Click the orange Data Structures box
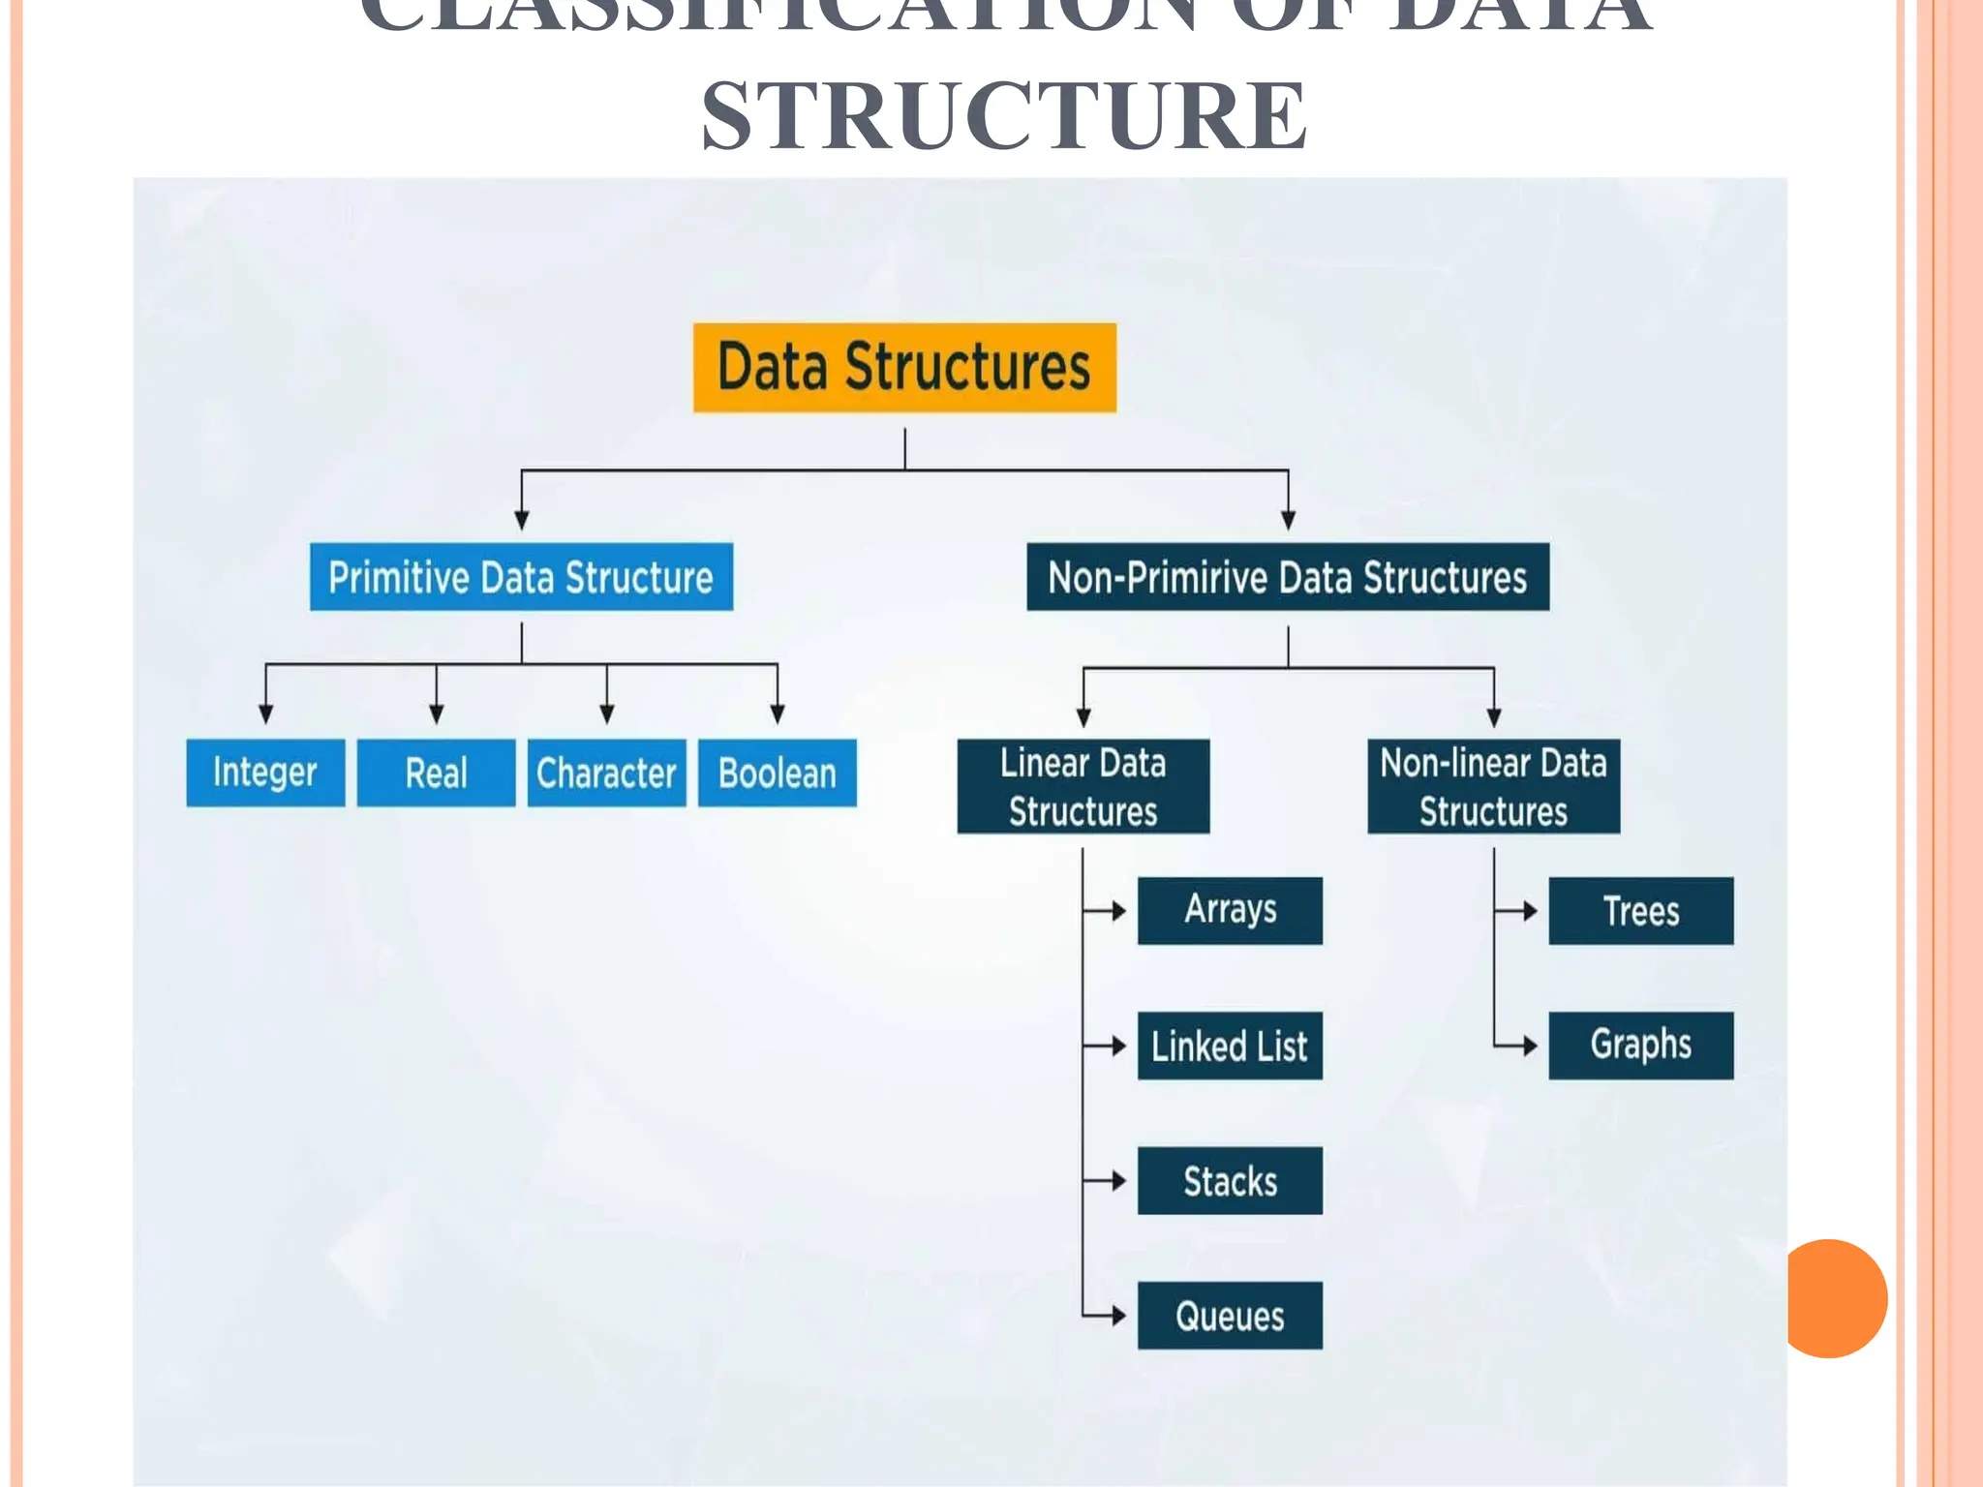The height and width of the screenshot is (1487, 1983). (x=904, y=368)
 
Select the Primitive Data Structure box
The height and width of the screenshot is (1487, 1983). (x=521, y=577)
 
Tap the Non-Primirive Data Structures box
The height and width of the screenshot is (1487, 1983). (x=1288, y=577)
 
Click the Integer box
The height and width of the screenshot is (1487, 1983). (x=265, y=773)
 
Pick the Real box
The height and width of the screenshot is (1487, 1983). (x=436, y=773)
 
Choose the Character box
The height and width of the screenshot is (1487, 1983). (x=606, y=773)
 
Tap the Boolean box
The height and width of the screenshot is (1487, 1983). (x=777, y=773)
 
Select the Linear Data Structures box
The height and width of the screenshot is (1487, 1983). (x=1083, y=786)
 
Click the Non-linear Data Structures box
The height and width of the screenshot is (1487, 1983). (x=1493, y=786)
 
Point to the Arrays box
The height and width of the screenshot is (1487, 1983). (x=1230, y=910)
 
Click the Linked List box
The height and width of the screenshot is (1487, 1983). (x=1230, y=1046)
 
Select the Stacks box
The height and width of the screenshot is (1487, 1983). (x=1230, y=1180)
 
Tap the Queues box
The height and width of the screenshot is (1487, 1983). (x=1230, y=1316)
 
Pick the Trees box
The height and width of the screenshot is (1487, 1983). (x=1641, y=910)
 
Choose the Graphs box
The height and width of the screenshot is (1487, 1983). (x=1641, y=1046)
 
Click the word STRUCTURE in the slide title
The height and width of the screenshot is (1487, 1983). (x=1004, y=116)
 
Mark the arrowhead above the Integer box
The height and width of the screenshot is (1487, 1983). (x=265, y=714)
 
